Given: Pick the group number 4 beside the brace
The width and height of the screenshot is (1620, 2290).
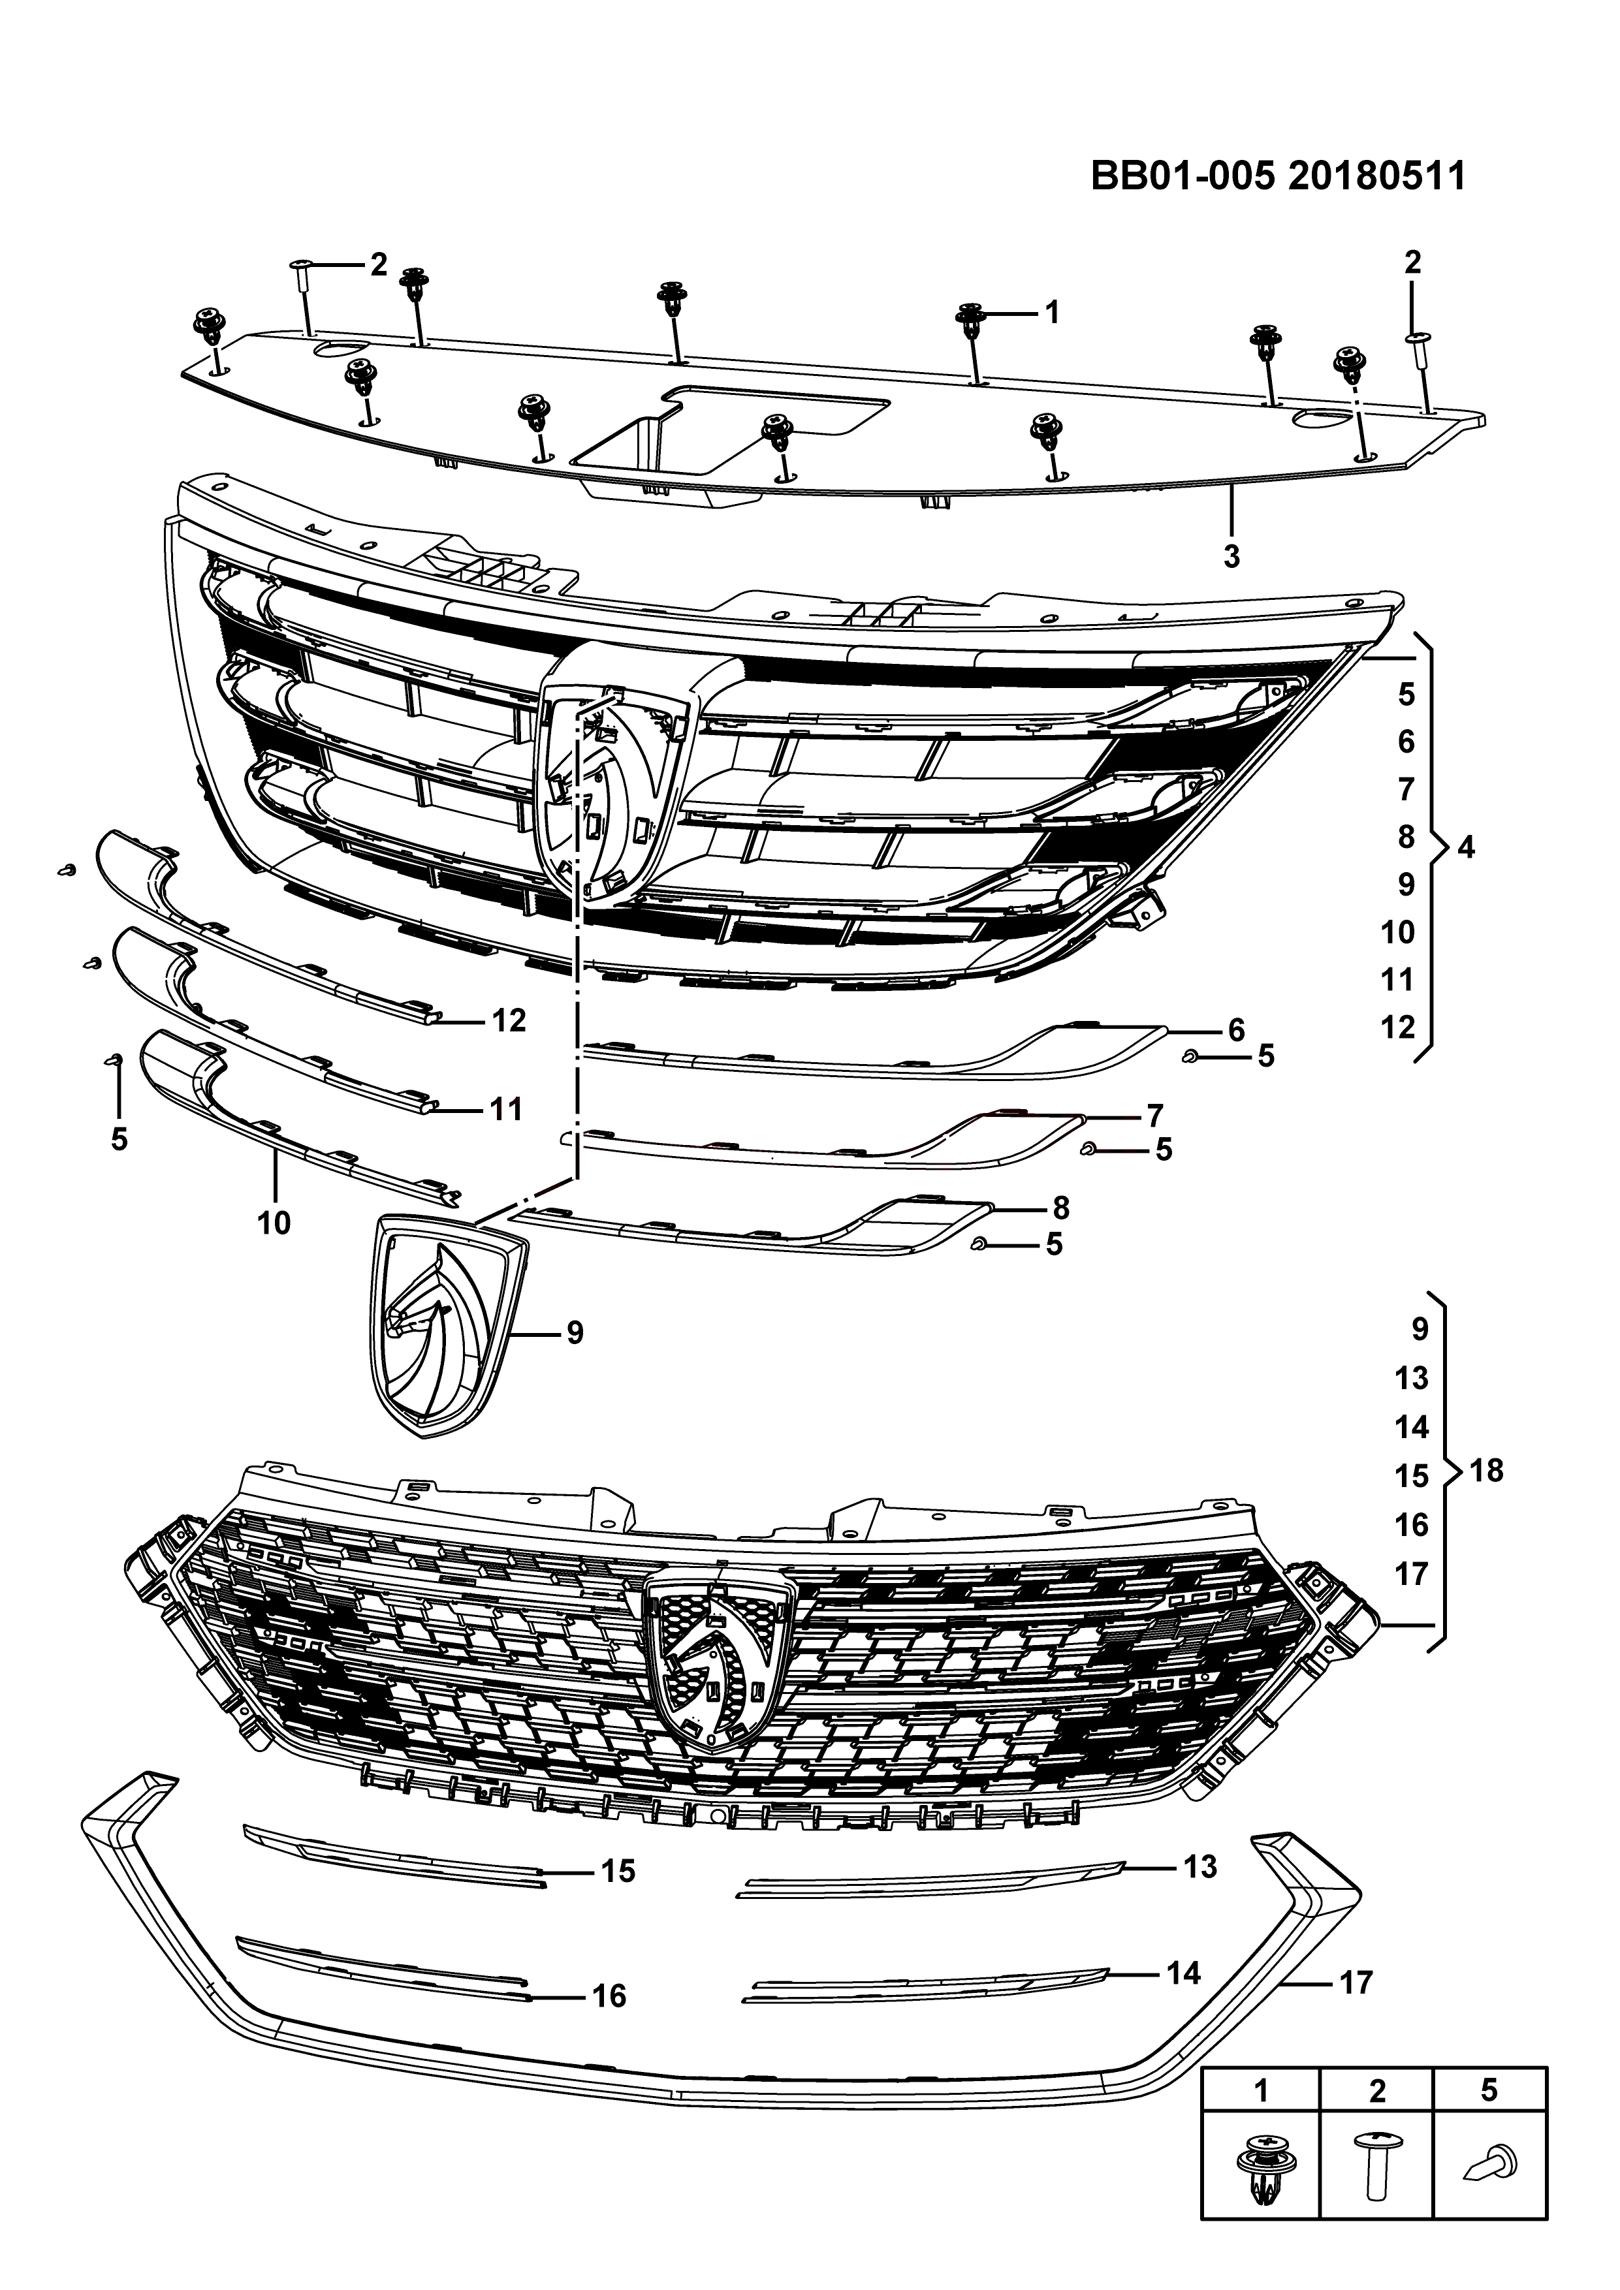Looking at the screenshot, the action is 1465,848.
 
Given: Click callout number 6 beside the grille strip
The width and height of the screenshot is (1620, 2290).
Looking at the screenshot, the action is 1236,1029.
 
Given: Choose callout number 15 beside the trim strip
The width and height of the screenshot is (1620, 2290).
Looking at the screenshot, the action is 618,1871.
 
